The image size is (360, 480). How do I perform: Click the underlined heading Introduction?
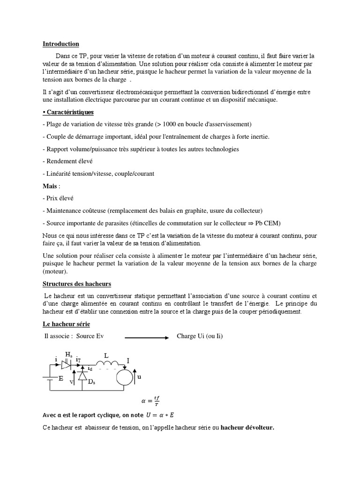pyautogui.click(x=61, y=44)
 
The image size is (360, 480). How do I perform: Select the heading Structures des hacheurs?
pyautogui.click(x=77, y=284)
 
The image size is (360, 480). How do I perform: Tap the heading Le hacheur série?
pyautogui.click(x=67, y=324)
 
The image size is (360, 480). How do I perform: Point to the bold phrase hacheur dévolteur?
pyautogui.click(x=247, y=427)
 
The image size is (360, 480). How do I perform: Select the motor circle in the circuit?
pyautogui.click(x=125, y=377)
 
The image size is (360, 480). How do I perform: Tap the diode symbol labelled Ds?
pyautogui.click(x=82, y=375)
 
